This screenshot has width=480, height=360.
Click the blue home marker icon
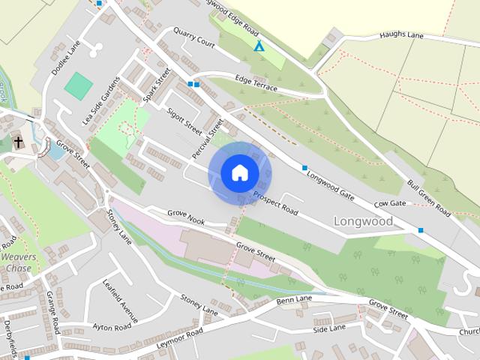(x=240, y=173)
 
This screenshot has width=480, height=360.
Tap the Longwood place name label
(x=363, y=222)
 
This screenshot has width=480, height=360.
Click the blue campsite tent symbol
(x=259, y=46)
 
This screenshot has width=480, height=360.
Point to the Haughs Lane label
(x=401, y=34)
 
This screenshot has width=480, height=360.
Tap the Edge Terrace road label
(x=256, y=83)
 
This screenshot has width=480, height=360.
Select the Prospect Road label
(x=275, y=203)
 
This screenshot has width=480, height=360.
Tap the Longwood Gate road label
(x=331, y=184)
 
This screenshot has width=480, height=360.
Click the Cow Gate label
(x=390, y=204)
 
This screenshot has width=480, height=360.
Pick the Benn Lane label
(x=294, y=301)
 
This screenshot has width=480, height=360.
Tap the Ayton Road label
(x=112, y=327)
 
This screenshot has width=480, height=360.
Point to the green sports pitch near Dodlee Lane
(x=78, y=85)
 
